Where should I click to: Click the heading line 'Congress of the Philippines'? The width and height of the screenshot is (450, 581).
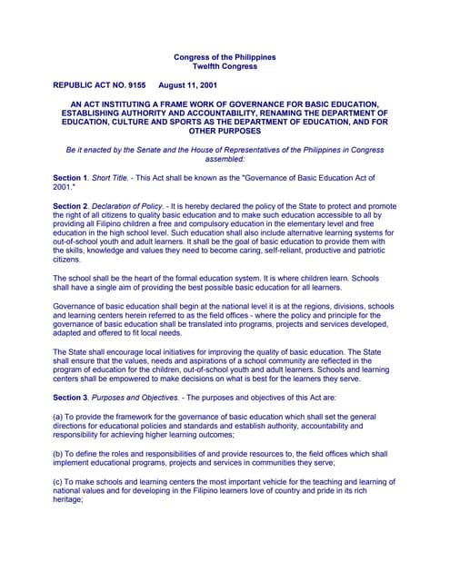tap(224, 58)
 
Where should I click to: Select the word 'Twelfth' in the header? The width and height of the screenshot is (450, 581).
tap(208, 67)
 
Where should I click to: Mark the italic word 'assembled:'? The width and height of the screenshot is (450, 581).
tap(224, 159)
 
